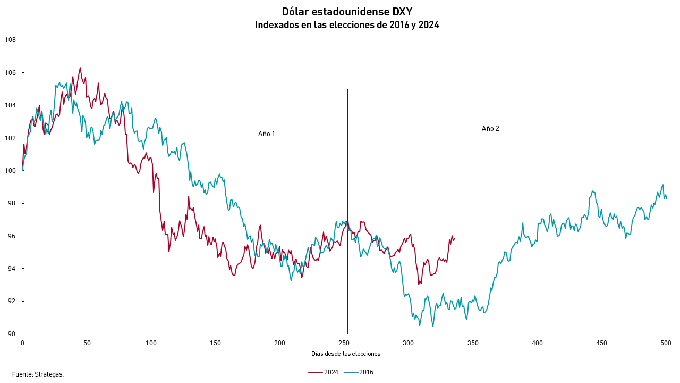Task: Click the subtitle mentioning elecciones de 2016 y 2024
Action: click(347, 25)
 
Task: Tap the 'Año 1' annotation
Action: click(267, 134)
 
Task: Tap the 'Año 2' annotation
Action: click(490, 129)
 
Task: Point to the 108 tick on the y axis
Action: click(11, 40)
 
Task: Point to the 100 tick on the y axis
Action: click(11, 171)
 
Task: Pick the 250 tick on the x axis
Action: click(344, 343)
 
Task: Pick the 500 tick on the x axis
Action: click(667, 343)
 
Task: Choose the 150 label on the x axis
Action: click(216, 343)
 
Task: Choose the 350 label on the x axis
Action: click(473, 343)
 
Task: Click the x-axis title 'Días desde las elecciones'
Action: click(345, 354)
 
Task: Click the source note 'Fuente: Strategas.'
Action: click(38, 374)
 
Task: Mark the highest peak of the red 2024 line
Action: click(80, 68)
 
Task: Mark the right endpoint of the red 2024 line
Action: click(455, 238)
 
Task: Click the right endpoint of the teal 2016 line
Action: click(667, 198)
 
